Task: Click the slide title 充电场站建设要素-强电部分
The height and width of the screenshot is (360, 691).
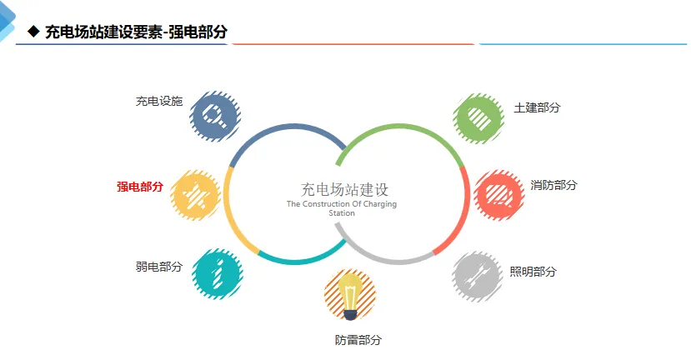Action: coord(136,32)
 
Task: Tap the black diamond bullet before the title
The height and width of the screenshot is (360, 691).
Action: coord(33,32)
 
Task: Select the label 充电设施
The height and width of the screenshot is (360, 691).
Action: coord(158,102)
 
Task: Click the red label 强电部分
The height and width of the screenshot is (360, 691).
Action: coord(139,187)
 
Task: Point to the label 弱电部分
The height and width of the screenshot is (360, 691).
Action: coord(158,267)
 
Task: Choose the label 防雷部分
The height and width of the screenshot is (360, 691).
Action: coord(358,340)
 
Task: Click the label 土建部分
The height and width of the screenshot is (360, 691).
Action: coord(537,108)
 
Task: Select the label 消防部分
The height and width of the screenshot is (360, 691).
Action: coord(553,185)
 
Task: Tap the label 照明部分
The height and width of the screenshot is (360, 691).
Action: coord(533,272)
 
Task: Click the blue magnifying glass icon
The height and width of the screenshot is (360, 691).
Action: coord(214,115)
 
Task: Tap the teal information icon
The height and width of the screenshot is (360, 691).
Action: coord(217,273)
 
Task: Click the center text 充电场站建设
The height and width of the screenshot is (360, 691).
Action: coord(344,189)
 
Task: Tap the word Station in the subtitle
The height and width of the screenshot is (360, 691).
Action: coord(342,213)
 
